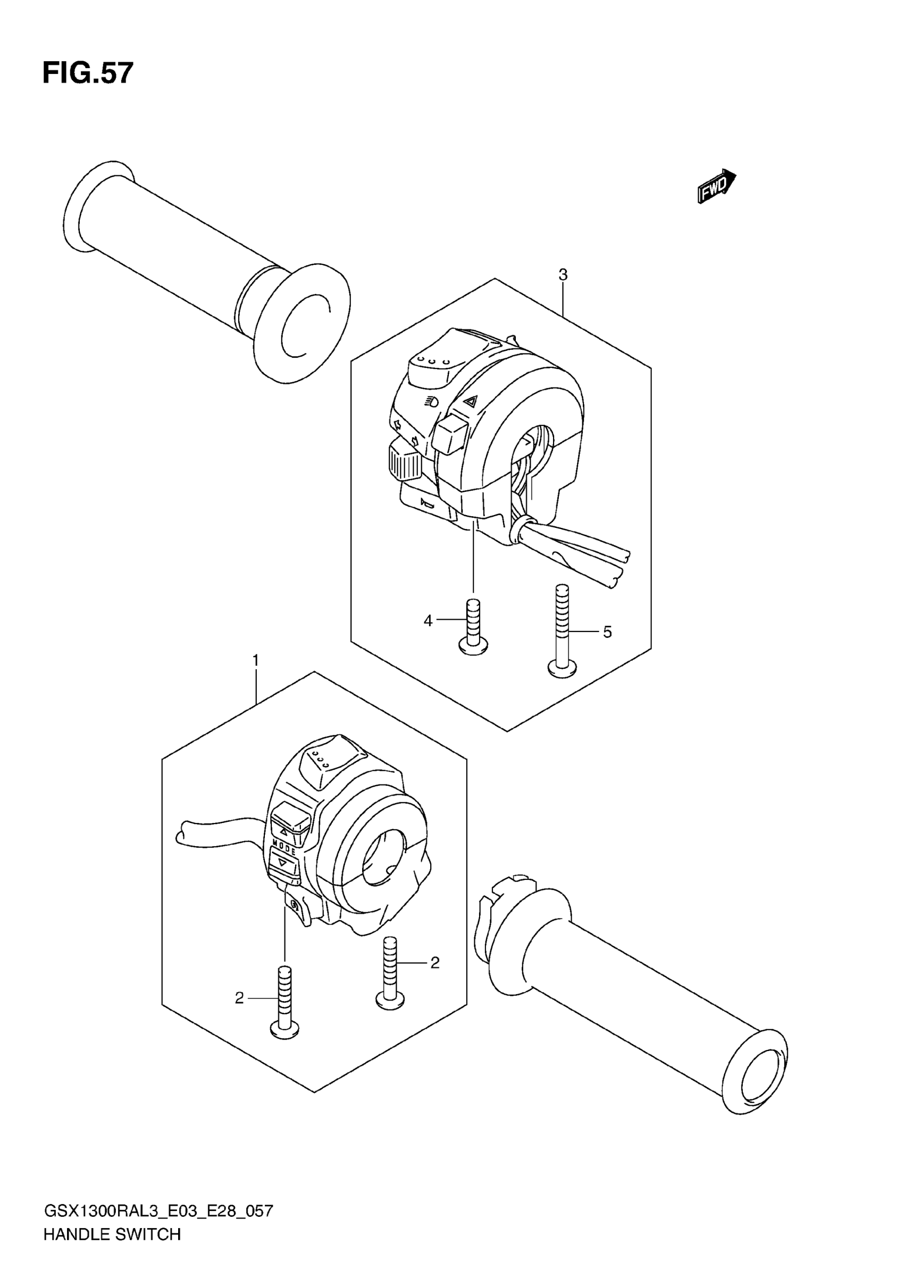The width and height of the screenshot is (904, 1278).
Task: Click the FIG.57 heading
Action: point(88,73)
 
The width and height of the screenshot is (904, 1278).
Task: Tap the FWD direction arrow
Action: point(716,186)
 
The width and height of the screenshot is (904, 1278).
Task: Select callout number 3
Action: point(563,274)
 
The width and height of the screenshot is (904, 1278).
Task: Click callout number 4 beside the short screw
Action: point(428,620)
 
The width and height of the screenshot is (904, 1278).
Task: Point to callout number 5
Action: point(607,632)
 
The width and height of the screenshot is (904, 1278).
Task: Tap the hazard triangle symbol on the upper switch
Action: point(471,400)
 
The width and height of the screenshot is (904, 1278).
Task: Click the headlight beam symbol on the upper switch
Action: point(431,400)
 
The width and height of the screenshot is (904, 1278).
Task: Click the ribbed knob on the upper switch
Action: point(405,459)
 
